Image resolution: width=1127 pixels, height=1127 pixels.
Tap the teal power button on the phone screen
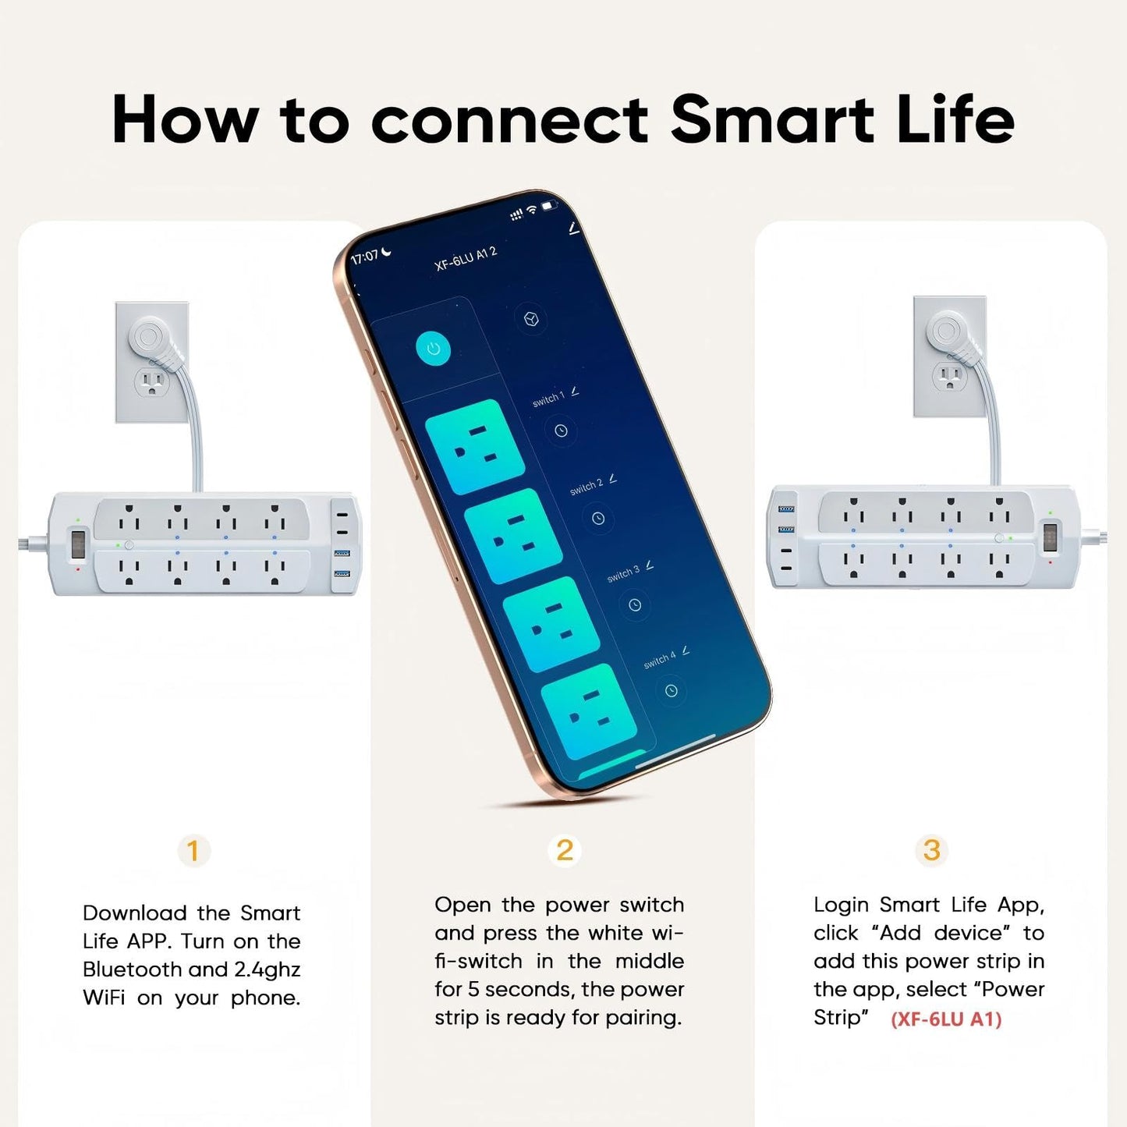pos(434,349)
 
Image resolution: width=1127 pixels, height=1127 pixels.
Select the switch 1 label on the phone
pos(548,399)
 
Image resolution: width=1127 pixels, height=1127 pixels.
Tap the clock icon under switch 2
pos(598,519)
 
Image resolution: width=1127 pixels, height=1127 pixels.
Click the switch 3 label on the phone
pos(623,574)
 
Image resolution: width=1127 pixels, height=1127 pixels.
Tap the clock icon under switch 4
pos(672,690)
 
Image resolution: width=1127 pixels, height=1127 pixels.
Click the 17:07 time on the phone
pos(365,257)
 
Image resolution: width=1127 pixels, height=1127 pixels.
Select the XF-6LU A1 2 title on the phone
pos(466,258)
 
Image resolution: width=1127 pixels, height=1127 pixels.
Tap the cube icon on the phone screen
pos(531,320)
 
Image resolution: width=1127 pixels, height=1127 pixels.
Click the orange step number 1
pos(193,850)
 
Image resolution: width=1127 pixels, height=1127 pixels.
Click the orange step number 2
pos(565,850)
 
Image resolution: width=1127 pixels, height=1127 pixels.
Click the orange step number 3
pos(931,850)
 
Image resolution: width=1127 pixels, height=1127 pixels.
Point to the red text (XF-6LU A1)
pos(946,1019)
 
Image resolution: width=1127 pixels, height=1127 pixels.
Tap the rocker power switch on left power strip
pos(79,544)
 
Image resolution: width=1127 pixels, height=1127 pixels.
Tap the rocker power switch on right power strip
pos(1051,537)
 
